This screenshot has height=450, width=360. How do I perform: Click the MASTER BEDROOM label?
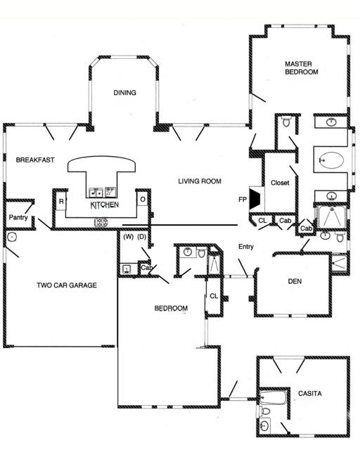click(302, 68)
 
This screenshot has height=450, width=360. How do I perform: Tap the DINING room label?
click(125, 93)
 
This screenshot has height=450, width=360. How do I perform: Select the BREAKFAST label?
click(34, 160)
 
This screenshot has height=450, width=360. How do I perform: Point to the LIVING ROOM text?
click(200, 181)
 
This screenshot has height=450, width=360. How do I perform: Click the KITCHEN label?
click(104, 205)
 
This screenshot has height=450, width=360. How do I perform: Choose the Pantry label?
click(18, 218)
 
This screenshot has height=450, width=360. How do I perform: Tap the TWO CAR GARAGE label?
click(66, 285)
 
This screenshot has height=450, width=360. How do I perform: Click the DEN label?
click(295, 282)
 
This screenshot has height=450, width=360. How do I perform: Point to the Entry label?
click(245, 246)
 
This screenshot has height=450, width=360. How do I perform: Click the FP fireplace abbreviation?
click(243, 200)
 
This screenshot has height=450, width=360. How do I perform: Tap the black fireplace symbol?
click(256, 199)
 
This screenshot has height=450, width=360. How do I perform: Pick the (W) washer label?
click(128, 237)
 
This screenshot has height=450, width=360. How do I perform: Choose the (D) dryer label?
click(141, 237)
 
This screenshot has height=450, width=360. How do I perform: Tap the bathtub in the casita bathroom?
click(273, 399)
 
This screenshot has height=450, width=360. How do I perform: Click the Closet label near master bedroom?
click(280, 184)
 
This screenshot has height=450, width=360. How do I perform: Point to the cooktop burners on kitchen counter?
click(101, 223)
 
